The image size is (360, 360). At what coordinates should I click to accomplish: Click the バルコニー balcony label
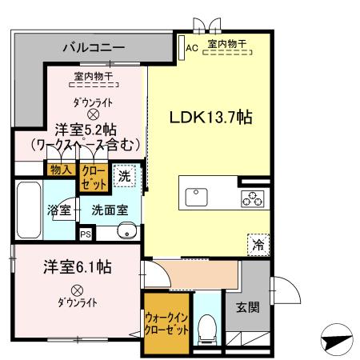tap(94, 48)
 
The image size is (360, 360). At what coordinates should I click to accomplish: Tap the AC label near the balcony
tap(191, 47)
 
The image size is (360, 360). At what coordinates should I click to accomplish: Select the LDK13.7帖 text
tap(210, 117)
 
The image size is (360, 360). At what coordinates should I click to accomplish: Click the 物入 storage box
tap(60, 170)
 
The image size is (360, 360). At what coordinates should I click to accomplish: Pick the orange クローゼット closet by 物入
tap(92, 178)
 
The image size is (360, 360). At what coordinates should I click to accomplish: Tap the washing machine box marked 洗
tap(125, 177)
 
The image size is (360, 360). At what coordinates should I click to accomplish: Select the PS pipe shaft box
tap(86, 234)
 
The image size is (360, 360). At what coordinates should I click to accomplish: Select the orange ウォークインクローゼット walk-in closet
tap(166, 322)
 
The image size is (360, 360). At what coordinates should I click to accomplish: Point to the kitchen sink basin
tap(197, 197)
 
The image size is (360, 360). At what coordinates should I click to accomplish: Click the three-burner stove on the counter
tap(250, 197)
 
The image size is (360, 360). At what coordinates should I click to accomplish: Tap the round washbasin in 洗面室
tap(126, 232)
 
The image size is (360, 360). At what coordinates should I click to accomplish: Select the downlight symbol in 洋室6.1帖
tap(77, 290)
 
